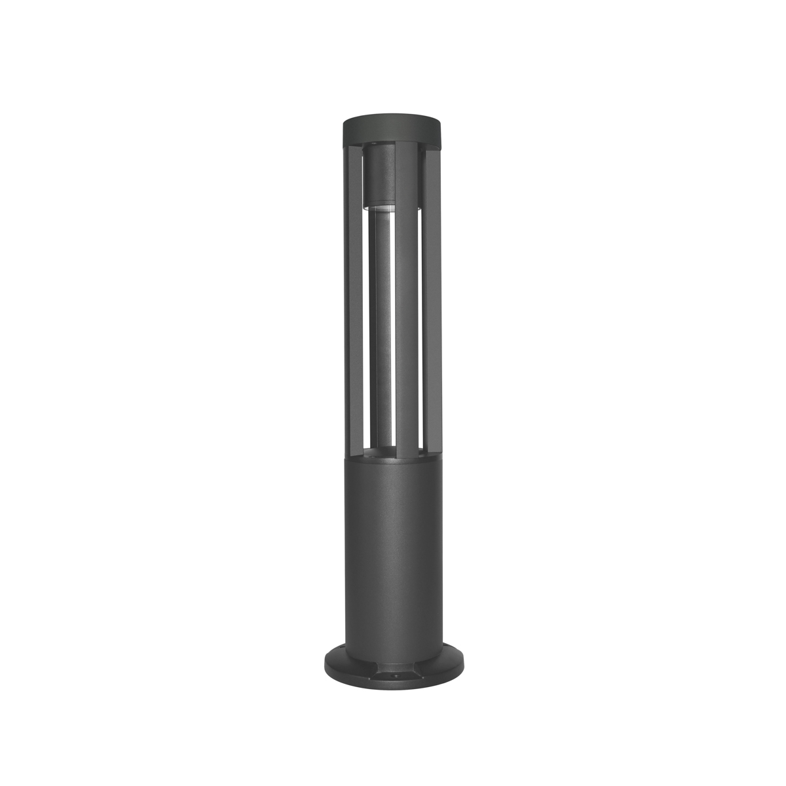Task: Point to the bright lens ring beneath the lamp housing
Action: [379, 207]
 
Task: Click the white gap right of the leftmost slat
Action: [364, 327]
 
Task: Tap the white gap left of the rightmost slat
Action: [421, 327]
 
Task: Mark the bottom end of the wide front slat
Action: [406, 452]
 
